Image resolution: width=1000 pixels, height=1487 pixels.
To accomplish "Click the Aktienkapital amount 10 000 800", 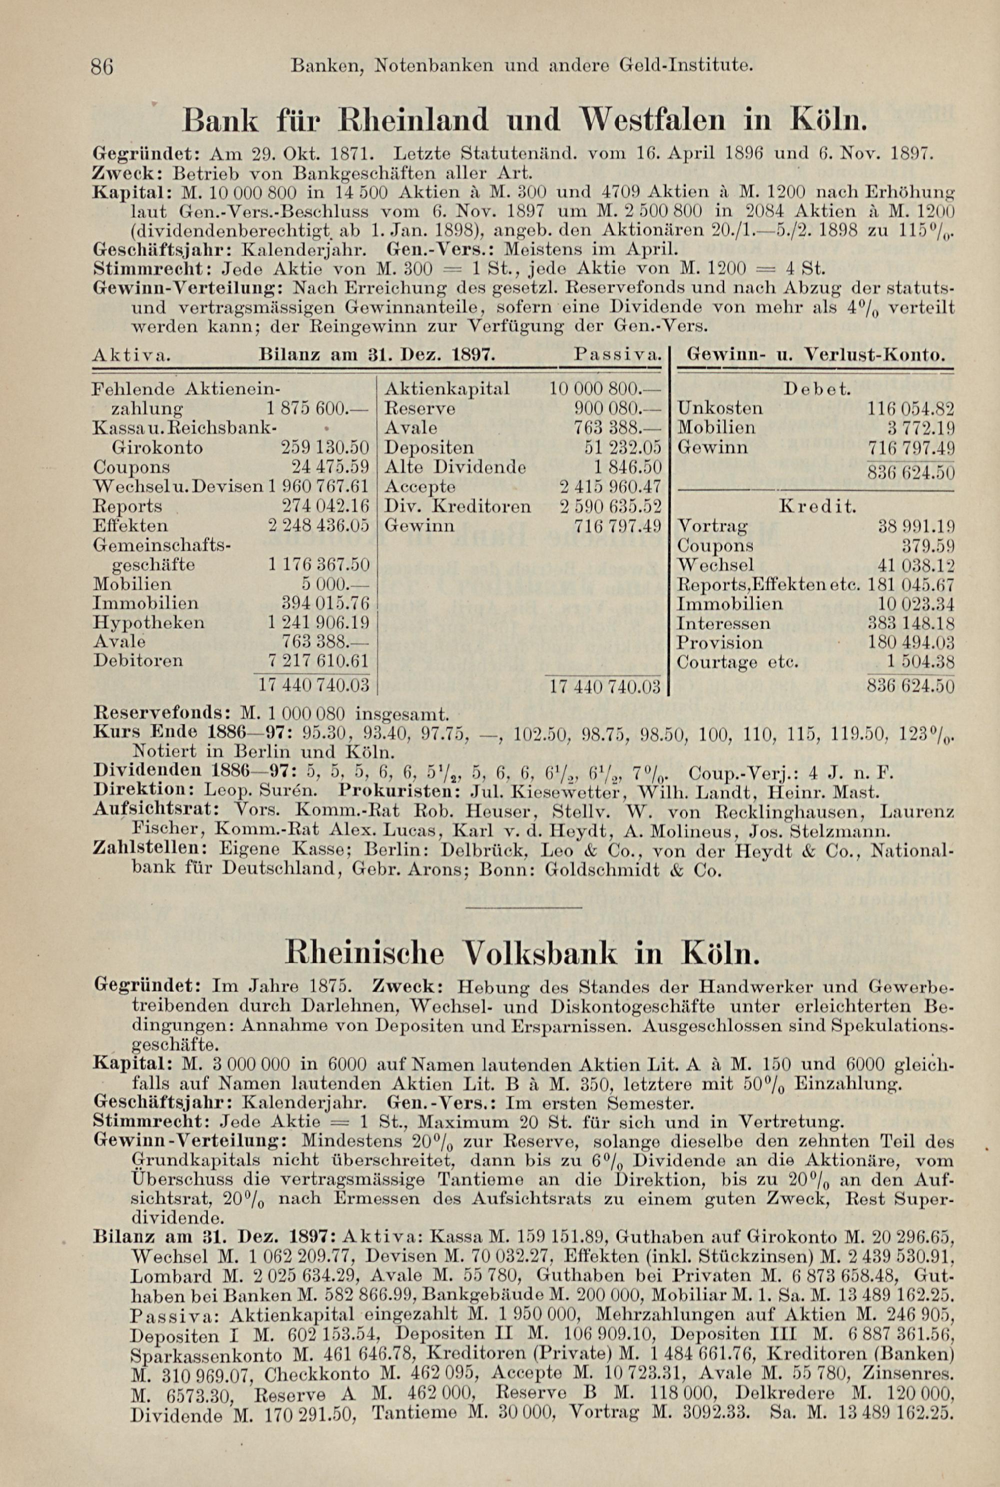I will point(604,388).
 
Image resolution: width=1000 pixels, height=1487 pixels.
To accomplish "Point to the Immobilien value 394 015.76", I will point(325,602).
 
